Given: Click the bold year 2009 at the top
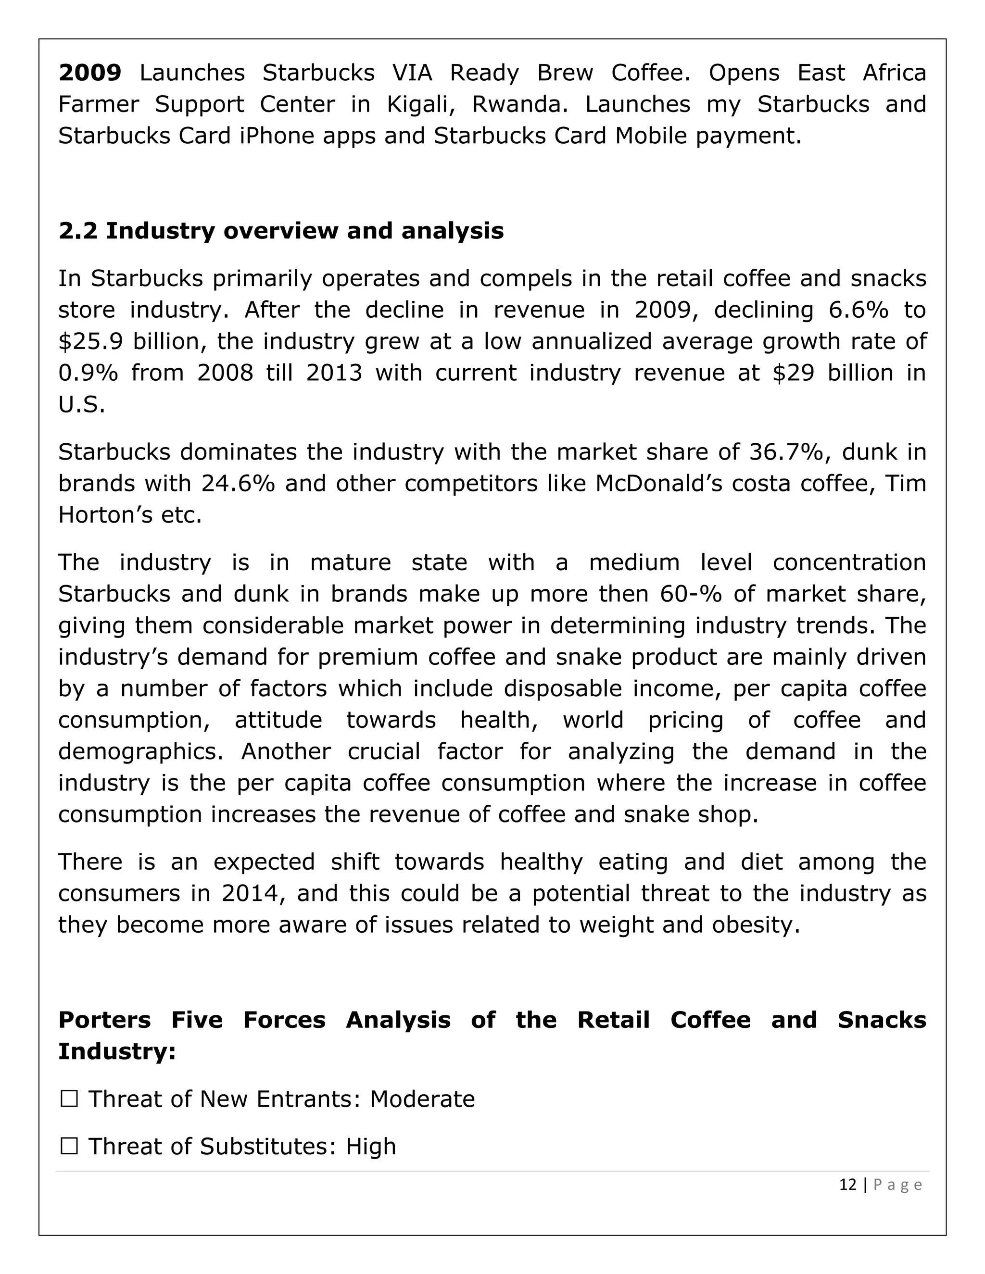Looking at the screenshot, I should tap(90, 74).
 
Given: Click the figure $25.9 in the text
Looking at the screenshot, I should tap(90, 342).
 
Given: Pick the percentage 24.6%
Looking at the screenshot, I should tap(238, 484).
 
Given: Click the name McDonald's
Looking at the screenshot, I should tap(651, 484).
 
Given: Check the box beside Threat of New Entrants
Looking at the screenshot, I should tap(69, 1099).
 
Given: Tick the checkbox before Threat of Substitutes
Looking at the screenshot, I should tap(69, 1147).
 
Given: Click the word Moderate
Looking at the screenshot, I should tap(422, 1099).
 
